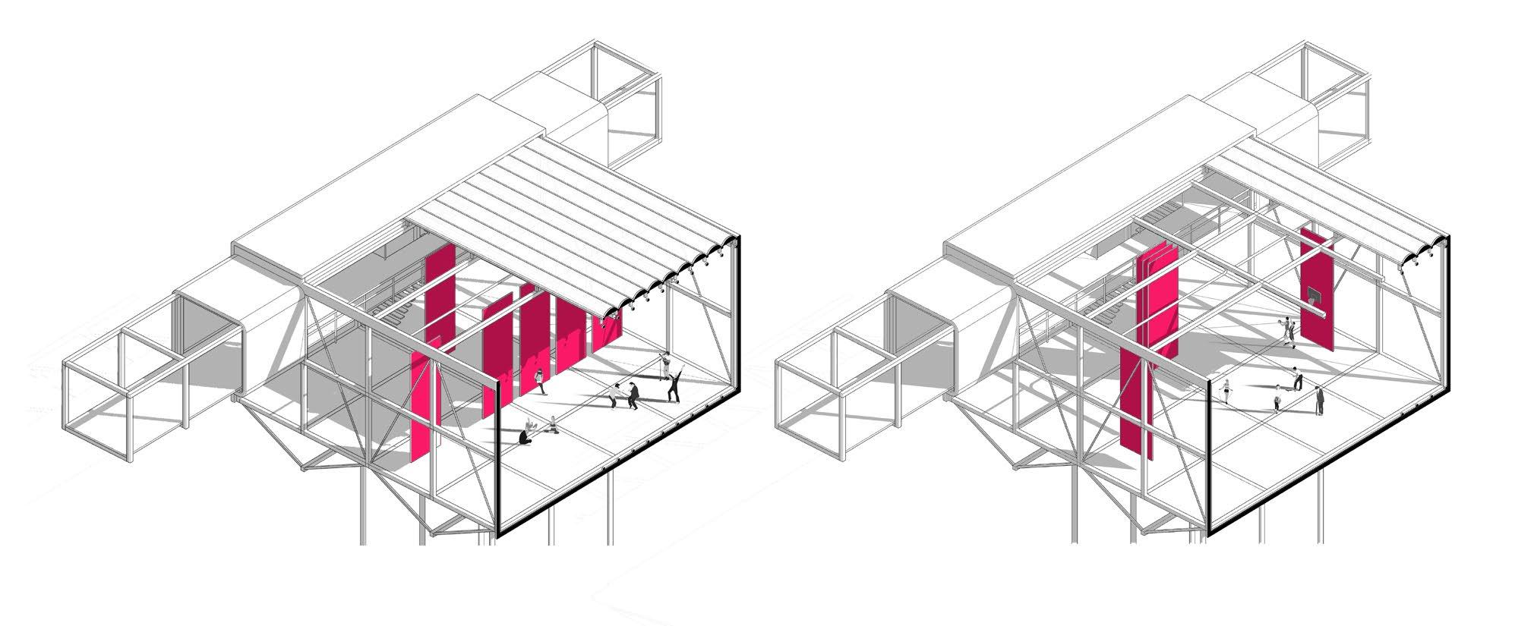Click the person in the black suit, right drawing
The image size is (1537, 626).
tap(1320, 400)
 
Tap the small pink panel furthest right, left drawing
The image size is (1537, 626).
tap(607, 334)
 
